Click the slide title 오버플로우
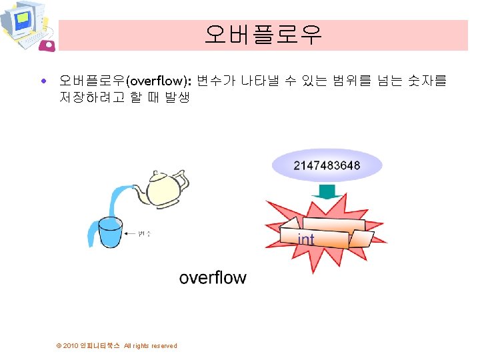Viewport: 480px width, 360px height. pos(263,34)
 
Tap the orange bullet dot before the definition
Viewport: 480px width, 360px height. pos(43,81)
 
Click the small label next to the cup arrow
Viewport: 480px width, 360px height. pos(145,233)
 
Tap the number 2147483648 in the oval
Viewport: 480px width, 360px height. pos(327,165)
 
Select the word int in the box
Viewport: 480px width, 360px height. pos(306,239)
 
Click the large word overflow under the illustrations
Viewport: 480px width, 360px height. pos(213,277)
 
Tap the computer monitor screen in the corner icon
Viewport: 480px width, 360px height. pos(22,18)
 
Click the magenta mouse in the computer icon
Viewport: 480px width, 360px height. pos(48,45)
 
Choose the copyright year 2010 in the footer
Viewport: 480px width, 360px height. pos(71,346)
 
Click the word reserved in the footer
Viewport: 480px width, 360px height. pos(164,346)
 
